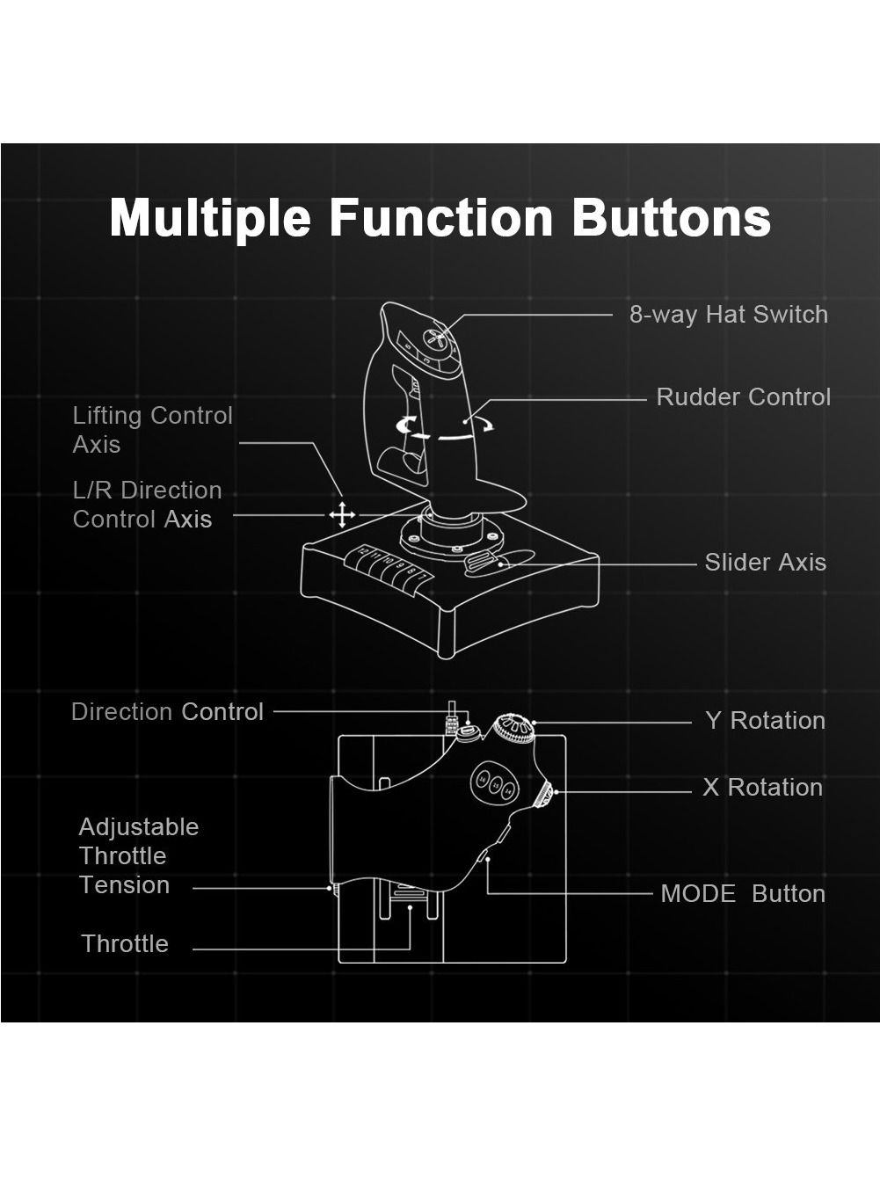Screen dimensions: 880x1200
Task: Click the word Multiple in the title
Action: click(210, 218)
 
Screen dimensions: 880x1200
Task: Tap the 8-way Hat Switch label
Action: click(729, 314)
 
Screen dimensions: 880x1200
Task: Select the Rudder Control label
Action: click(744, 397)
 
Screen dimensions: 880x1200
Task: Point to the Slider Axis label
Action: click(766, 562)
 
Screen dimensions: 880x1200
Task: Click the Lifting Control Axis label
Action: click(153, 430)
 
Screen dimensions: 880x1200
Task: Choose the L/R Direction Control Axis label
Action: click(148, 505)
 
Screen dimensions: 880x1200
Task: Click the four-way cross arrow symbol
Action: click(342, 515)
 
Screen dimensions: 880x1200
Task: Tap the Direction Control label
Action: click(167, 711)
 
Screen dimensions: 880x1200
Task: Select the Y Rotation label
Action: click(766, 720)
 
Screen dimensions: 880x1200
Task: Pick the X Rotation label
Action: click(763, 787)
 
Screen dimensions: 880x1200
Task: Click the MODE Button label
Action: click(743, 893)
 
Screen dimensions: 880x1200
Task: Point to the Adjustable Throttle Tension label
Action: click(139, 855)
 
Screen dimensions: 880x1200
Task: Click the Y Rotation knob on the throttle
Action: click(513, 729)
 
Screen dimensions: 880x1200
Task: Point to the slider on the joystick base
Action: click(482, 562)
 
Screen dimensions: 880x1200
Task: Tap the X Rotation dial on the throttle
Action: click(545, 795)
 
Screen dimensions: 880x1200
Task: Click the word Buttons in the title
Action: click(672, 218)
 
